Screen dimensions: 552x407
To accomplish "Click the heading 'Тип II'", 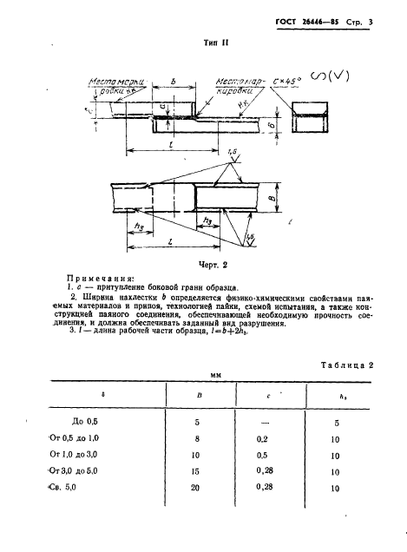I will tap(204, 41).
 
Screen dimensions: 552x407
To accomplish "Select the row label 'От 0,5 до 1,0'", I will tap(83, 439).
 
